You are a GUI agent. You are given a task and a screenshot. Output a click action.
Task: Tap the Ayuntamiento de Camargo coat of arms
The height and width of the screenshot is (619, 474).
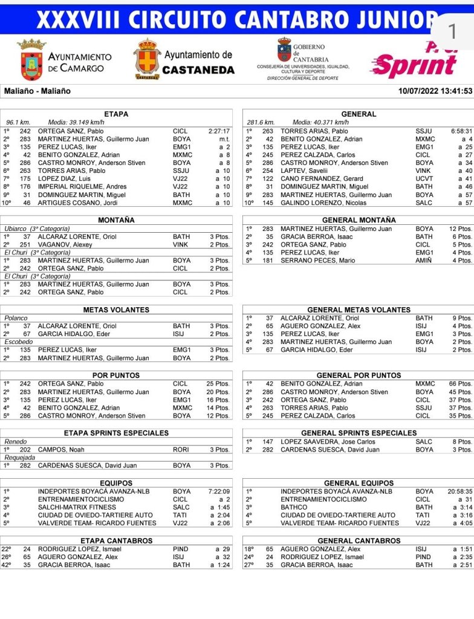31,60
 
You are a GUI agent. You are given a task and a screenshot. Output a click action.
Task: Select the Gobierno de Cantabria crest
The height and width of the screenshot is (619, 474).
284,50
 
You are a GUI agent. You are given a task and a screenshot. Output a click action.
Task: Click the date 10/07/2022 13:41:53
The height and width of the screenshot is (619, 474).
435,91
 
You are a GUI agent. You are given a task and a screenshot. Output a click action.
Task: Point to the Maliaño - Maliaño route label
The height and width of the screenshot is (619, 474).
37,91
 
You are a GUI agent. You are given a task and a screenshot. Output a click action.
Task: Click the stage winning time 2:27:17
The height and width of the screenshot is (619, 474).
219,131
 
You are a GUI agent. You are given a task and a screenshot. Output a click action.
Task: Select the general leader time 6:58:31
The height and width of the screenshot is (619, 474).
461,131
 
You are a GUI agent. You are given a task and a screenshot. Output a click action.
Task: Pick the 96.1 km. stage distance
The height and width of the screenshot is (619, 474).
19,122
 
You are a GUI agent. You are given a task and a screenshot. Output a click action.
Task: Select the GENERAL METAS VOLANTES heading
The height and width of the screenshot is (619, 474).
359,310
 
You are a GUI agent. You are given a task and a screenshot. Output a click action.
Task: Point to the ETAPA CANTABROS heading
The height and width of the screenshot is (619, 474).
116,540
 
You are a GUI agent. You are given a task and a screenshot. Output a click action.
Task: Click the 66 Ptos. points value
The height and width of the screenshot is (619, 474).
461,384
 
